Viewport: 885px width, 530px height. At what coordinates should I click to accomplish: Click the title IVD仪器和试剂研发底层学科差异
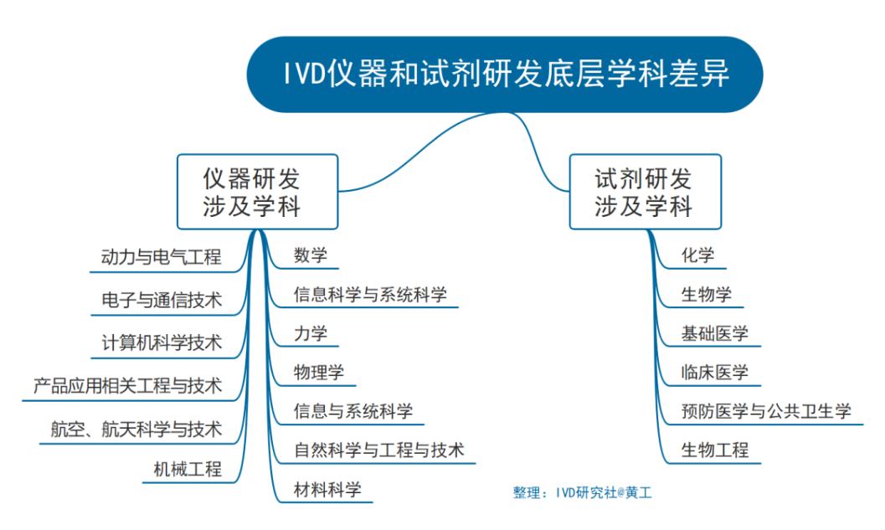(504, 75)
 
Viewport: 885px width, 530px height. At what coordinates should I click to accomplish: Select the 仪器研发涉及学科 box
(257, 192)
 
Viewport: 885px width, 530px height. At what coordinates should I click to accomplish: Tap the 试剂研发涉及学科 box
(644, 192)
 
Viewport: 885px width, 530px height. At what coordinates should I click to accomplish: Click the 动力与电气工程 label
(162, 257)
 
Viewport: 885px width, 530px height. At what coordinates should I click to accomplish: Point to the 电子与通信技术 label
(162, 300)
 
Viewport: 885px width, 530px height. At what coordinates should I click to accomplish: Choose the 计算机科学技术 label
(162, 342)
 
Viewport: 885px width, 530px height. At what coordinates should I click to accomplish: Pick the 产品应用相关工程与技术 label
(128, 386)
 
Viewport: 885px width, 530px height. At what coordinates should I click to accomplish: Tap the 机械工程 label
(188, 470)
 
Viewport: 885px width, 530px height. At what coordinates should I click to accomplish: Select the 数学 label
(310, 255)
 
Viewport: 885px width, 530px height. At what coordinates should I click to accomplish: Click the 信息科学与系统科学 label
(370, 294)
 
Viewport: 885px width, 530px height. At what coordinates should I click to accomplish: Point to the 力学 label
(310, 333)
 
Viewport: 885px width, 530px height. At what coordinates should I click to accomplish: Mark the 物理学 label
(318, 373)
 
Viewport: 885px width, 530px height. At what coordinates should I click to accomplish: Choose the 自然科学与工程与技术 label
(378, 450)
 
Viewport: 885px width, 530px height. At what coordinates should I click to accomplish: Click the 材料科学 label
(327, 490)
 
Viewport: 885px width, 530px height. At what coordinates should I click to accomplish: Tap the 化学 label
(698, 255)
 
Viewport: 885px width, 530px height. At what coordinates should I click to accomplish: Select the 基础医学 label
(715, 333)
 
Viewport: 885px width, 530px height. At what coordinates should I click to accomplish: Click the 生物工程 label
(715, 450)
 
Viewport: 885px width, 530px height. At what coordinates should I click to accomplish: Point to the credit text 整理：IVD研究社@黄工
(582, 493)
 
